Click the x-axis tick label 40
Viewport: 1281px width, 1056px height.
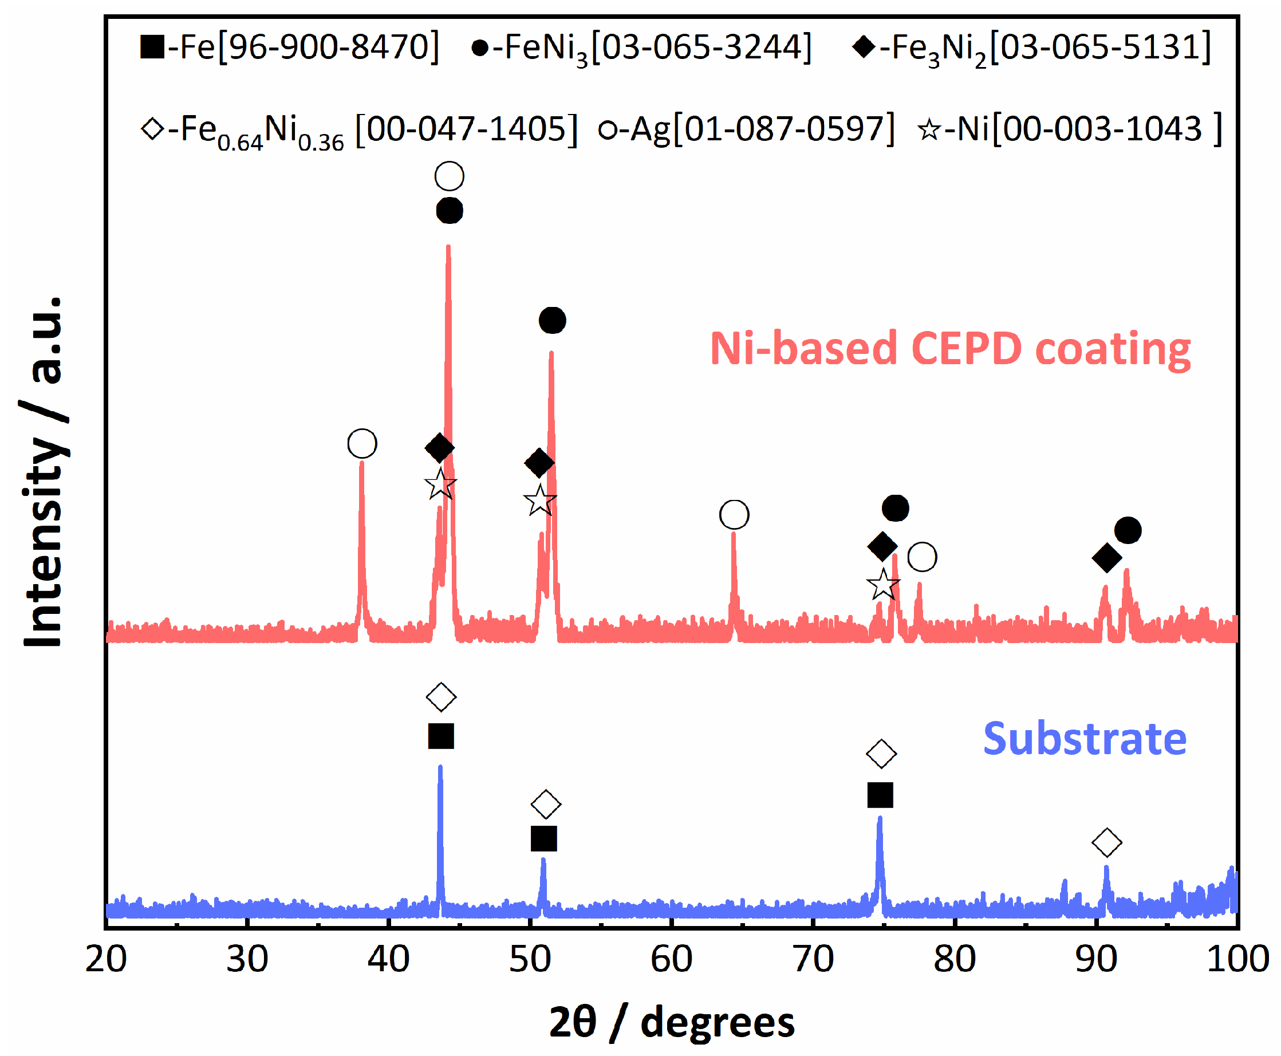[x=388, y=960]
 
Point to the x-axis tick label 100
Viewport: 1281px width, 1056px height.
[x=1237, y=960]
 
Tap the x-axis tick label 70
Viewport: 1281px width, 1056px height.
[x=813, y=960]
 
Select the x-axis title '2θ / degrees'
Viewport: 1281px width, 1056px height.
[x=672, y=1022]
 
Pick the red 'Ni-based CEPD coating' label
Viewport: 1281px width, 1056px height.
[x=949, y=349]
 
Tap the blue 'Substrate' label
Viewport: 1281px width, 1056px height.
[x=1085, y=739]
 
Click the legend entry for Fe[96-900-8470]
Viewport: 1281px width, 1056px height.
[x=290, y=47]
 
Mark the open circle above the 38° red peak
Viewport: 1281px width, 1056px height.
[x=362, y=443]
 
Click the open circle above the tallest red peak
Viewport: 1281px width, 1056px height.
[x=450, y=176]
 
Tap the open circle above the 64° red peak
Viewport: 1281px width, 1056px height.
[x=734, y=515]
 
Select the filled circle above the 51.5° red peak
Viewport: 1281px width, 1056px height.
[x=552, y=321]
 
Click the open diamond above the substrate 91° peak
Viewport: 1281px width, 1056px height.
[x=1106, y=842]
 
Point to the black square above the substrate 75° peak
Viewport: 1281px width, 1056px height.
[x=880, y=795]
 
